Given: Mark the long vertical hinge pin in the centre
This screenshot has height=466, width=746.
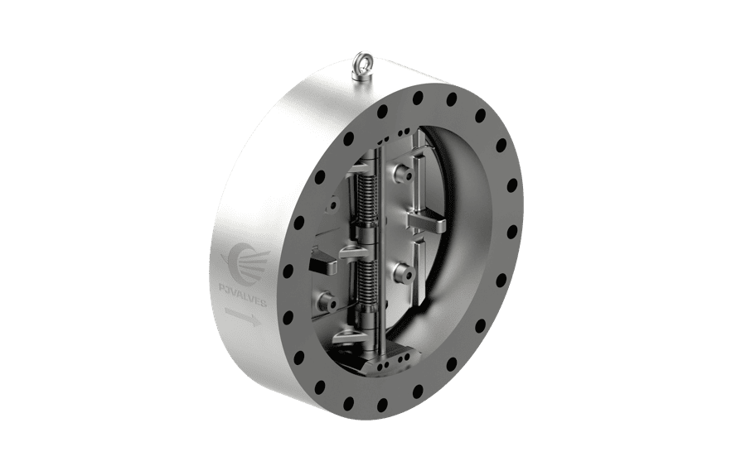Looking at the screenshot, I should (380, 248).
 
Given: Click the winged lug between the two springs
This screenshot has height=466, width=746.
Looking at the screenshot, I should (352, 251).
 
